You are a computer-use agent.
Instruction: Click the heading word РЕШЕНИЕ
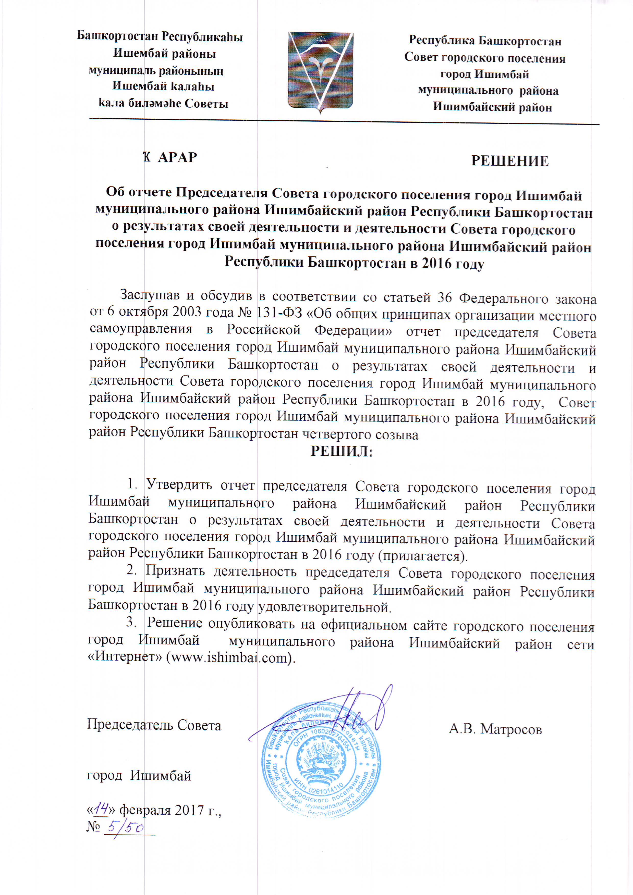point(510,161)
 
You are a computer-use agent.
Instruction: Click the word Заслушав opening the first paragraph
point(150,295)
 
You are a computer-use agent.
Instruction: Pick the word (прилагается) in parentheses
point(422,555)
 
